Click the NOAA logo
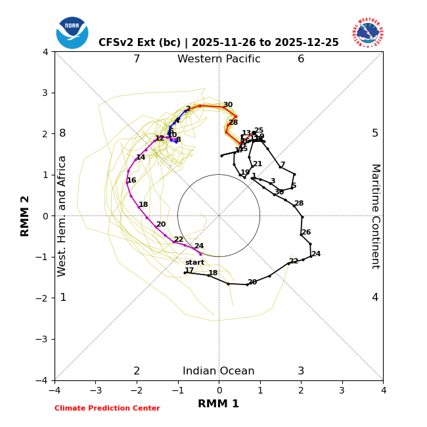72,33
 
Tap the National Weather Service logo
368,33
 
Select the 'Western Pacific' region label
219,59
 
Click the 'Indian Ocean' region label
219,371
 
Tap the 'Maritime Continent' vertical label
375,216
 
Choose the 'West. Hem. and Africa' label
62,216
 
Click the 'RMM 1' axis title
219,404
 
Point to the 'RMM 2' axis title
26,216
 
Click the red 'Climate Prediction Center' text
107,409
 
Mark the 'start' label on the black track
194,263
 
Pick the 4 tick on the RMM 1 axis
383,390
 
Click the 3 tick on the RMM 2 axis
46,93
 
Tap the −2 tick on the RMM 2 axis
43,298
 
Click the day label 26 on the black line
306,233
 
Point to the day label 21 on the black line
258,164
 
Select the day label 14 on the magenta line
141,158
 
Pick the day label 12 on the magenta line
160,139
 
